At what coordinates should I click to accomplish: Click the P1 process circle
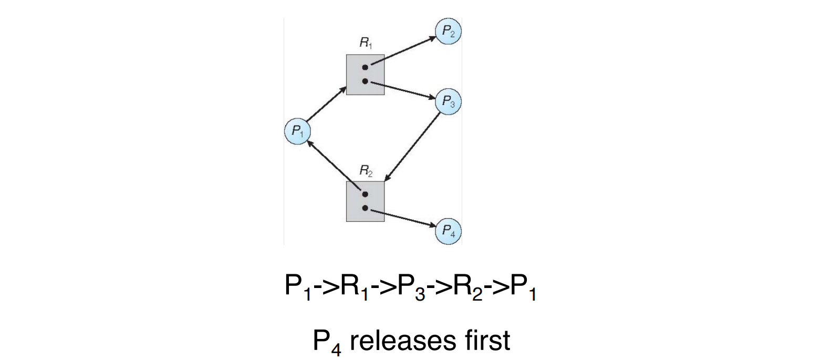coord(298,131)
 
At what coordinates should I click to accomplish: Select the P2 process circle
coord(448,31)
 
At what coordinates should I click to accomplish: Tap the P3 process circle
coord(448,101)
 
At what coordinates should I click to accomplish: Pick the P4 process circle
coord(448,231)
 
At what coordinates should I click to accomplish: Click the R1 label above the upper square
coord(366,43)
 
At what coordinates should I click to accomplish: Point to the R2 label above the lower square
coord(366,170)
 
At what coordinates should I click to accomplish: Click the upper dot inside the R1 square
coord(365,67)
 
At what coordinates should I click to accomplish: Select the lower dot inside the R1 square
coord(365,81)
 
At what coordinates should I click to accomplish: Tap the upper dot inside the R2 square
coord(365,194)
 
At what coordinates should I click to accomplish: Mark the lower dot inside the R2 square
coord(365,208)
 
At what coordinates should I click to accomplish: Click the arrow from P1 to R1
coord(327,104)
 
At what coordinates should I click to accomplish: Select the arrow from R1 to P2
coord(403,51)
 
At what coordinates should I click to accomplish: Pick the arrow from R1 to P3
coord(403,90)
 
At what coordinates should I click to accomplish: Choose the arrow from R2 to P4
coord(403,218)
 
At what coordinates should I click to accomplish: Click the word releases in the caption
coord(403,341)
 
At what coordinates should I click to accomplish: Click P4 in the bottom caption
coord(327,342)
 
